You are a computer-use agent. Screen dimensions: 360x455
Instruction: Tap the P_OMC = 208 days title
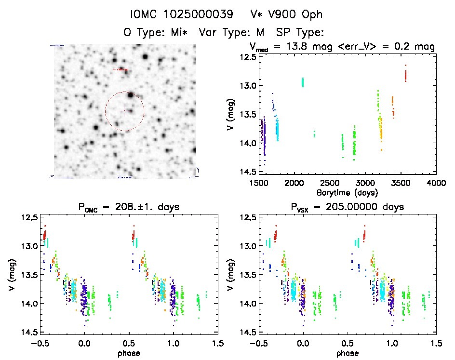[x=129, y=208]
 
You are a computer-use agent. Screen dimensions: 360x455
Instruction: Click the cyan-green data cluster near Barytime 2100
[x=303, y=82]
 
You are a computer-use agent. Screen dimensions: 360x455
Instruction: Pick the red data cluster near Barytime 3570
[x=406, y=74]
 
